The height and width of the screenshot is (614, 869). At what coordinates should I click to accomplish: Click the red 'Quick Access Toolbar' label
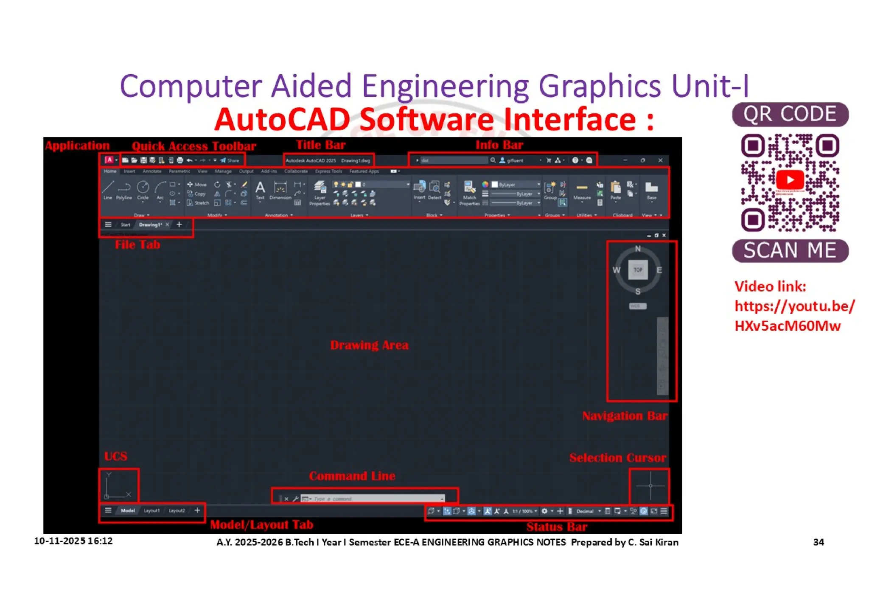(x=193, y=146)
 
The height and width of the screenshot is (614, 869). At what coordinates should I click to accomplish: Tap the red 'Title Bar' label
(x=321, y=145)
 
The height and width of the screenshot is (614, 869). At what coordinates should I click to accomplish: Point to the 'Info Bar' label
(x=499, y=145)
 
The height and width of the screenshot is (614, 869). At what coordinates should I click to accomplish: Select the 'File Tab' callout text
(x=137, y=245)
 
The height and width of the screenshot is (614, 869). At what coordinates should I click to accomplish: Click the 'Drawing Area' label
(x=369, y=345)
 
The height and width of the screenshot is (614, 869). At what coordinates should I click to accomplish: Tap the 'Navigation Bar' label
(x=625, y=416)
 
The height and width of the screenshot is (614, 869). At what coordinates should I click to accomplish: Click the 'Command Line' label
(x=352, y=476)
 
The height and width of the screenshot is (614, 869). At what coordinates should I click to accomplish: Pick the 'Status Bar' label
(x=557, y=527)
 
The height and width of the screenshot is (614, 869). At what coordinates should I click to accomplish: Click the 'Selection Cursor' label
(x=617, y=458)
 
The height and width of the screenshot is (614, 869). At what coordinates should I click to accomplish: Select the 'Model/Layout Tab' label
(x=261, y=525)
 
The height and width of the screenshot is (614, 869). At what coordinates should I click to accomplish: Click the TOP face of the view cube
(x=638, y=270)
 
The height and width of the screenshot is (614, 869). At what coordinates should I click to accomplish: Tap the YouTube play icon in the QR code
(x=790, y=180)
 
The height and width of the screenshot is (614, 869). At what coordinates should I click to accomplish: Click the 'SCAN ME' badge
(x=790, y=250)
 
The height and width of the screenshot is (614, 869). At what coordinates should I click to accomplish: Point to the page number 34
(x=819, y=542)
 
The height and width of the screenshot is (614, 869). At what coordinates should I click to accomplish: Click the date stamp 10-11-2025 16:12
(x=73, y=541)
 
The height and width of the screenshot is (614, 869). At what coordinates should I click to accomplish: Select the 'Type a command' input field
(x=373, y=499)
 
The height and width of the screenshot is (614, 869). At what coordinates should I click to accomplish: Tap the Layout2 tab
(x=177, y=510)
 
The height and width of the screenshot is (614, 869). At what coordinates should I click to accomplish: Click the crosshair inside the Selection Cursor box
(x=650, y=486)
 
